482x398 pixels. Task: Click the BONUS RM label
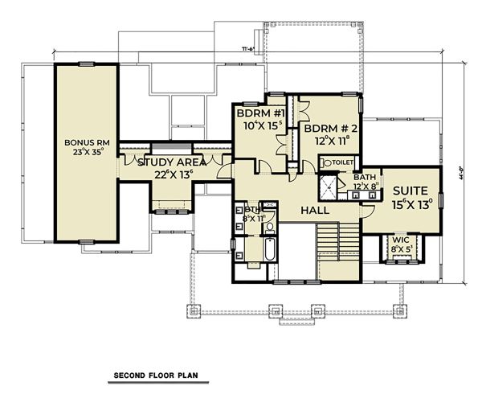point(85,142)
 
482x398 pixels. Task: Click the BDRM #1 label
point(257,114)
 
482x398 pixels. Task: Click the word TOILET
point(343,162)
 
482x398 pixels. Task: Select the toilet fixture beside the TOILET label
point(325,162)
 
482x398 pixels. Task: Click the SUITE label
point(411,191)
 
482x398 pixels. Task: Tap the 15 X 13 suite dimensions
point(412,204)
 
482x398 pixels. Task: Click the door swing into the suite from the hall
point(365,211)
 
